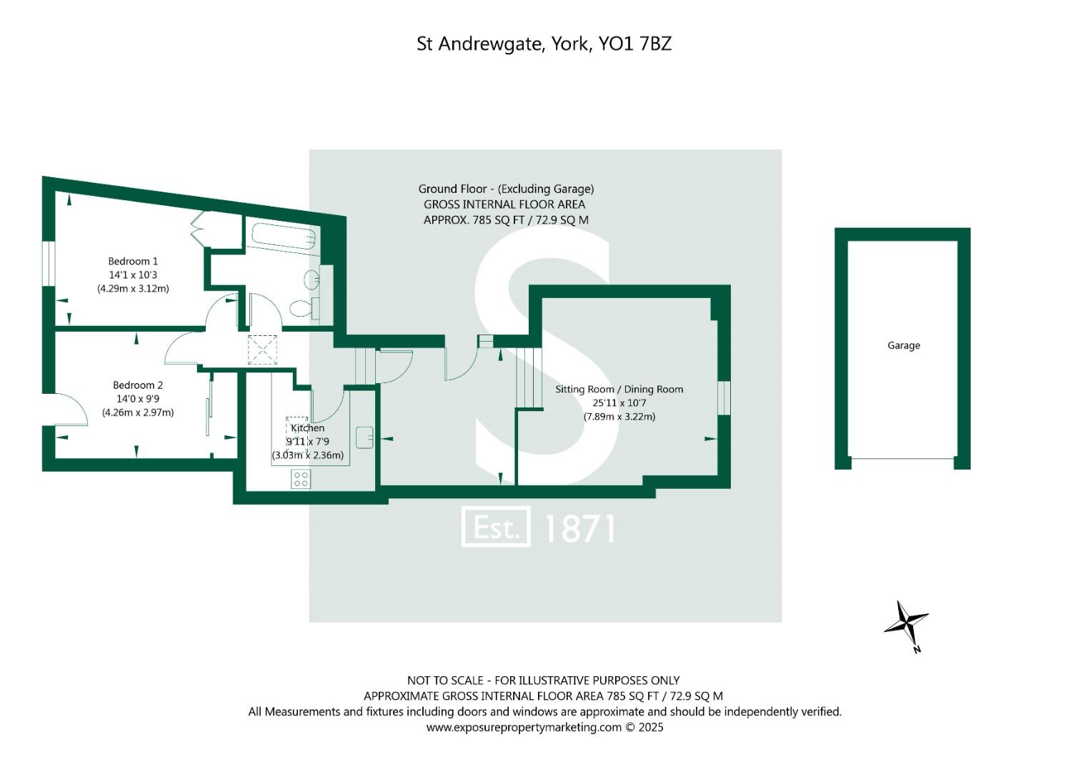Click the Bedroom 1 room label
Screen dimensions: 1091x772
[x=132, y=261]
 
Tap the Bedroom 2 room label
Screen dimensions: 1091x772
[x=138, y=385]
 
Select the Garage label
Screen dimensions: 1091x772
[x=904, y=345]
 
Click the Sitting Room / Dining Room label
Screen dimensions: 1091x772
[x=619, y=390]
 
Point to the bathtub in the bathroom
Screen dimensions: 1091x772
[x=284, y=237]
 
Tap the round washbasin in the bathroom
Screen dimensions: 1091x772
[x=312, y=279]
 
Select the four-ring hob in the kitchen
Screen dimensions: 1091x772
[x=301, y=479]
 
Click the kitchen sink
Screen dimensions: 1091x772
[x=364, y=437]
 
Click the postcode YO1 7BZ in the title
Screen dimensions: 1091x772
[x=634, y=44]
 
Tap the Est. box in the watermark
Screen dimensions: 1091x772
[x=496, y=527]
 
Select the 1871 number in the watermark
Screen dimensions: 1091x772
[x=579, y=528]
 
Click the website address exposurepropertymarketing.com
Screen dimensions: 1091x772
[x=524, y=728]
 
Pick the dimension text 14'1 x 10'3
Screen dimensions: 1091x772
[x=133, y=275]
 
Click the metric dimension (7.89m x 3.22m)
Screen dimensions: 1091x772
[x=619, y=417]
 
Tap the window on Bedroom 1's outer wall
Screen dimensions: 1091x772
[x=49, y=263]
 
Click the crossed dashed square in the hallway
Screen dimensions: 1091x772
[x=262, y=350]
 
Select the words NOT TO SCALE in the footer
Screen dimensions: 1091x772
[x=445, y=681]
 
